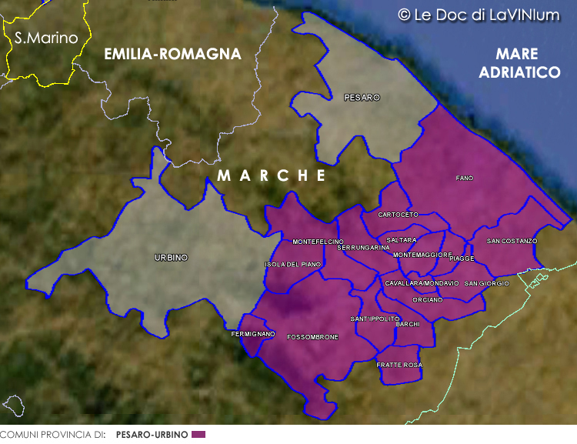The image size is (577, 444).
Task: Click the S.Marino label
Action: click(x=42, y=37)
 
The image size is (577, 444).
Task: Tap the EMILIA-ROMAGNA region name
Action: click(x=173, y=54)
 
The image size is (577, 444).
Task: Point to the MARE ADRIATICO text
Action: click(x=519, y=63)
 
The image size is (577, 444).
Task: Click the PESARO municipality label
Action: click(x=362, y=98)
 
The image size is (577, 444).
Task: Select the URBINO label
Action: click(x=171, y=258)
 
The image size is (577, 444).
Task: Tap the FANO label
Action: click(x=465, y=179)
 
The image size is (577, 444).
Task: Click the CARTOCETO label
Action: click(x=399, y=215)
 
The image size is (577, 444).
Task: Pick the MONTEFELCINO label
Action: click(x=318, y=242)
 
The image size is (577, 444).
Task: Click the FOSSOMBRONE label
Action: click(x=312, y=338)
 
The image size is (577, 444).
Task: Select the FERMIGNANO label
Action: click(x=253, y=334)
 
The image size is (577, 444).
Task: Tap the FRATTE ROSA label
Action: click(x=399, y=365)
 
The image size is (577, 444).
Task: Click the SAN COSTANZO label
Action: click(x=512, y=241)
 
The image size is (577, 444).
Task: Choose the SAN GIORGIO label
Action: click(x=487, y=284)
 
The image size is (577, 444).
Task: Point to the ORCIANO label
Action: click(x=427, y=299)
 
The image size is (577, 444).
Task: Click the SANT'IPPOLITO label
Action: click(x=375, y=319)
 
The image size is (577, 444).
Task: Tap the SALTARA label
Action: click(x=402, y=240)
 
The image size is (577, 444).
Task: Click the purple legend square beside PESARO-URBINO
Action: click(x=198, y=435)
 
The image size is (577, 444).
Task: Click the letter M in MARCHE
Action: click(x=223, y=175)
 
